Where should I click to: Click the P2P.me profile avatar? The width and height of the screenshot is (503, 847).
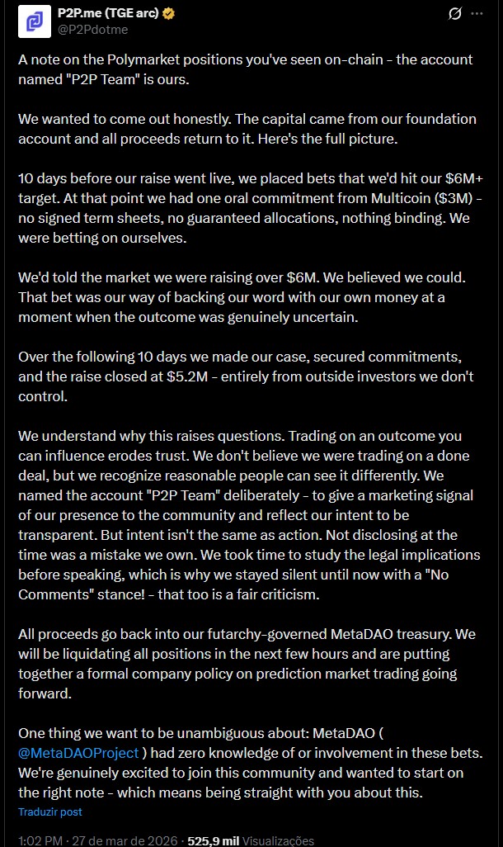(34, 21)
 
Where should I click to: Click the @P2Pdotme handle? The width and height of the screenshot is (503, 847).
(92, 30)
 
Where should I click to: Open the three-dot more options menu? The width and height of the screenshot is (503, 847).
(477, 14)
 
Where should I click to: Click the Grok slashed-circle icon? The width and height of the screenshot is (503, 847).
(454, 14)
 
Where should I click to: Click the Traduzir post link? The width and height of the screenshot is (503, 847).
(50, 812)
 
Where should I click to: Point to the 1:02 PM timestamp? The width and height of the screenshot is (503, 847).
(40, 840)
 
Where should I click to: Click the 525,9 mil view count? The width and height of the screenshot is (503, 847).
(213, 840)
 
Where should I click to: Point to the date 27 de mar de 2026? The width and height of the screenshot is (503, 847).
(126, 840)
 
